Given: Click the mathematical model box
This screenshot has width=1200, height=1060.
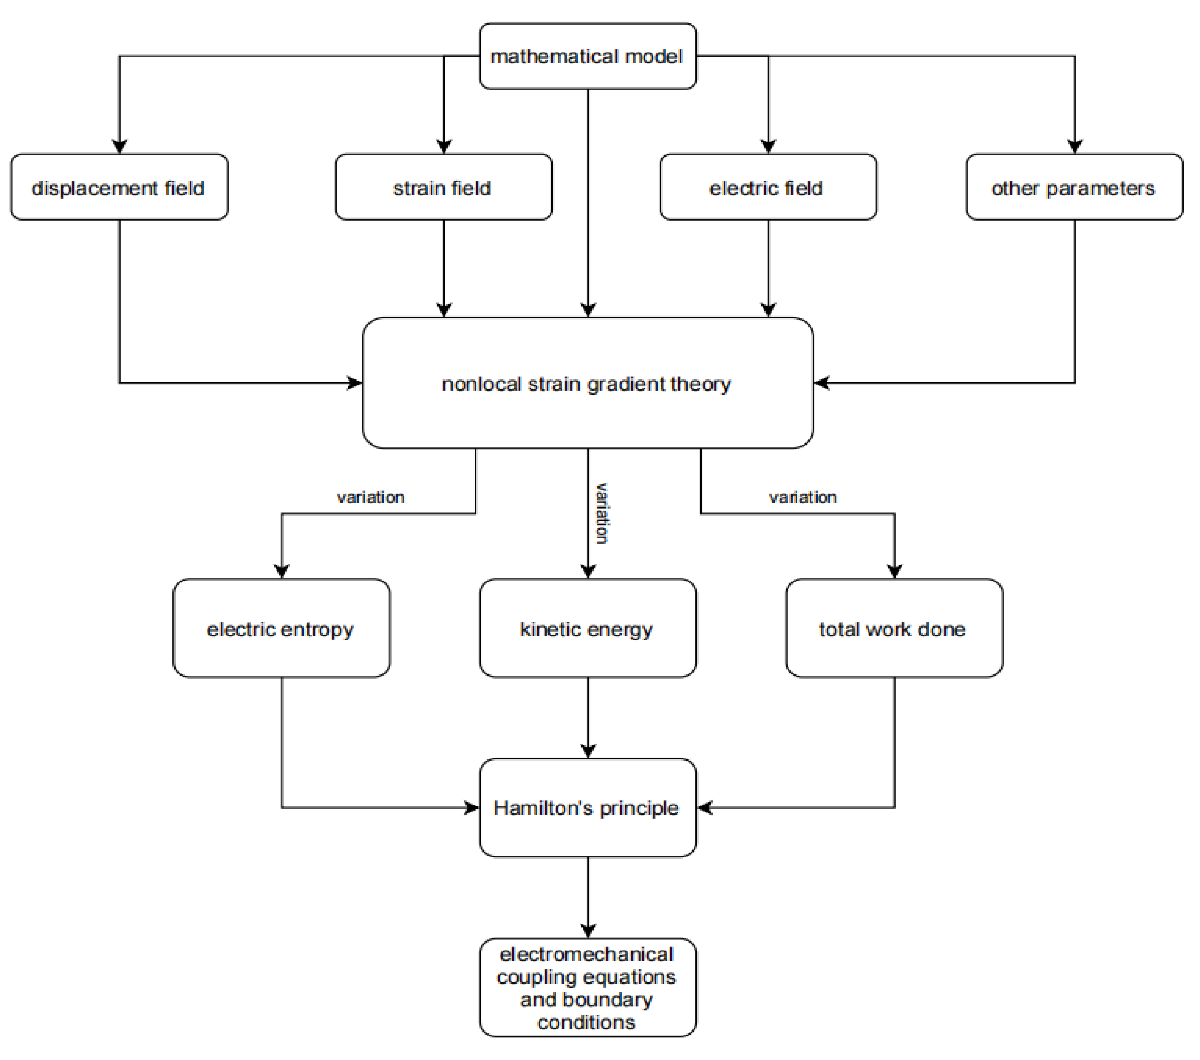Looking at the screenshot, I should pyautogui.click(x=588, y=56).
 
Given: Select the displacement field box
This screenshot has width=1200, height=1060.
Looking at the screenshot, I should pyautogui.click(x=119, y=187).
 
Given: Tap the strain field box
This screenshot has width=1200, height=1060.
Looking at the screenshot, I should pyautogui.click(x=443, y=187).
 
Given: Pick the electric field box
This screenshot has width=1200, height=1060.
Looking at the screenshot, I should pyautogui.click(x=767, y=187).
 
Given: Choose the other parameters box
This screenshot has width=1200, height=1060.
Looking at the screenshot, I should pyautogui.click(x=1074, y=187).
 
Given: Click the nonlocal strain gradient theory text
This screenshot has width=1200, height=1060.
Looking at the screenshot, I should pyautogui.click(x=587, y=384).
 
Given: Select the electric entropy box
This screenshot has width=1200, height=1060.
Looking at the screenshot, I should pyautogui.click(x=281, y=628).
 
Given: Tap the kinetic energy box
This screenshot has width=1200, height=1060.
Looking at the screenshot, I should pyautogui.click(x=588, y=628).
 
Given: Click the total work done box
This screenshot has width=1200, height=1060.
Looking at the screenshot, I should pyautogui.click(x=894, y=628).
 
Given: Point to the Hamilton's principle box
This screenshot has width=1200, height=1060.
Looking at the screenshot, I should pyautogui.click(x=588, y=807).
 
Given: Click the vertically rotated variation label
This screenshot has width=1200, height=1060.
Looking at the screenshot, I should pyautogui.click(x=602, y=513).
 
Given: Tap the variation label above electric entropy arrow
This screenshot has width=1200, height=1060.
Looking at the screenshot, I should pyautogui.click(x=370, y=497).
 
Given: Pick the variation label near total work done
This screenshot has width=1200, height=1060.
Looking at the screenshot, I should pyautogui.click(x=803, y=497).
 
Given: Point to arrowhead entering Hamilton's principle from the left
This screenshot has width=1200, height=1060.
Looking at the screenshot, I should pyautogui.click(x=471, y=807).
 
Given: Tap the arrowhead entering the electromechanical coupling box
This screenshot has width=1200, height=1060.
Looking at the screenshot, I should pyautogui.click(x=588, y=930).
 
